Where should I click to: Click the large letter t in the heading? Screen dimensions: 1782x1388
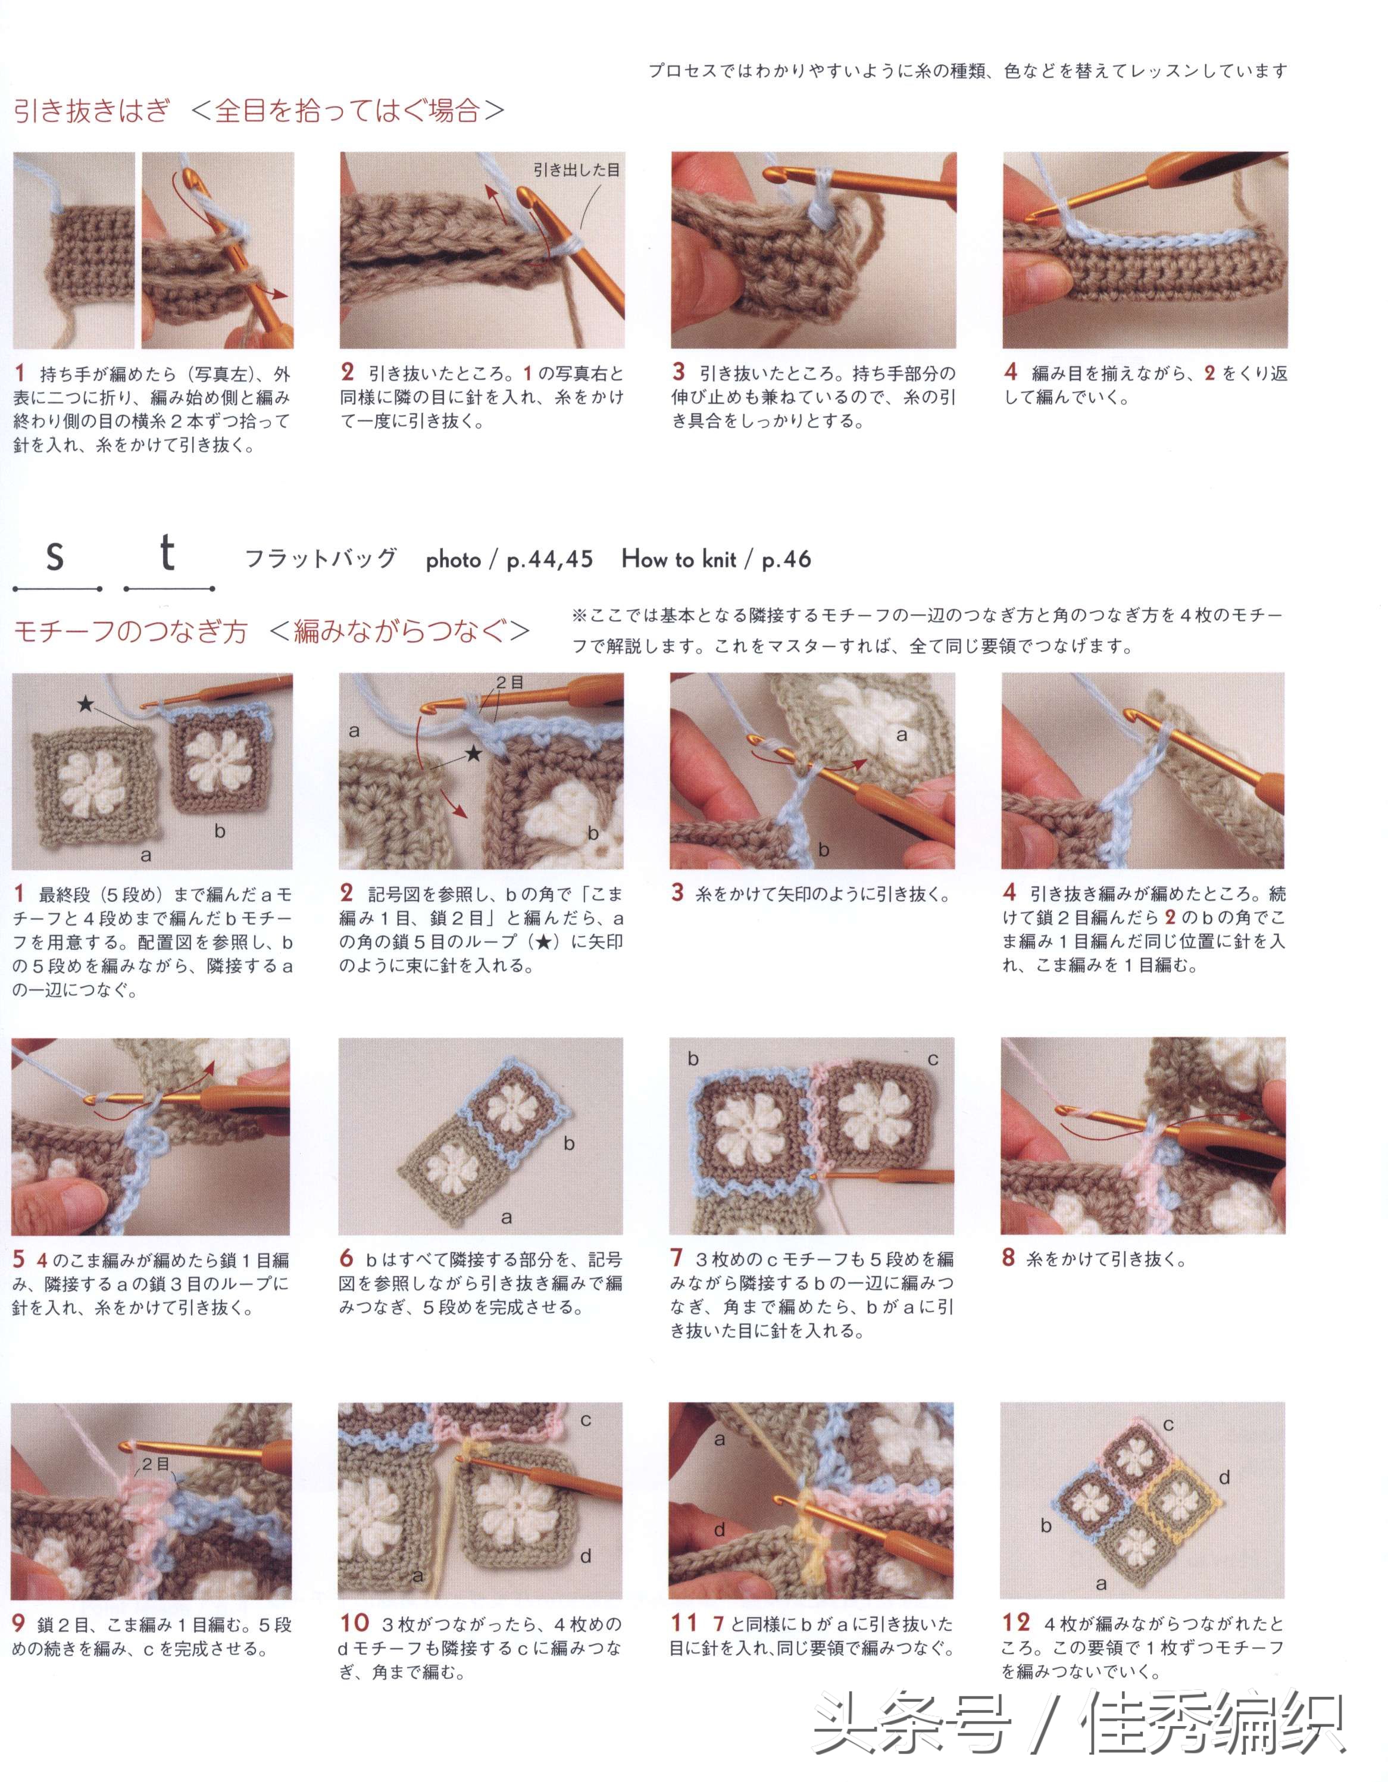coord(167,552)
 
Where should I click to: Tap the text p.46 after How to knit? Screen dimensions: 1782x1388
coord(786,559)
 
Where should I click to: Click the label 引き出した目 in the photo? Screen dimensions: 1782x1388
coord(576,170)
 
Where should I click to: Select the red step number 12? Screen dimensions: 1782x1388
coord(1016,1623)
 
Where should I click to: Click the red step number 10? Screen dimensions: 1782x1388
coord(354,1623)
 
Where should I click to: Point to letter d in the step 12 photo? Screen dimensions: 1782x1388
coord(1224,1478)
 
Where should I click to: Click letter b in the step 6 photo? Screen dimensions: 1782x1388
coord(569,1144)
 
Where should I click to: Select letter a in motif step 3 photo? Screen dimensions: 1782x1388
coord(902,735)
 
